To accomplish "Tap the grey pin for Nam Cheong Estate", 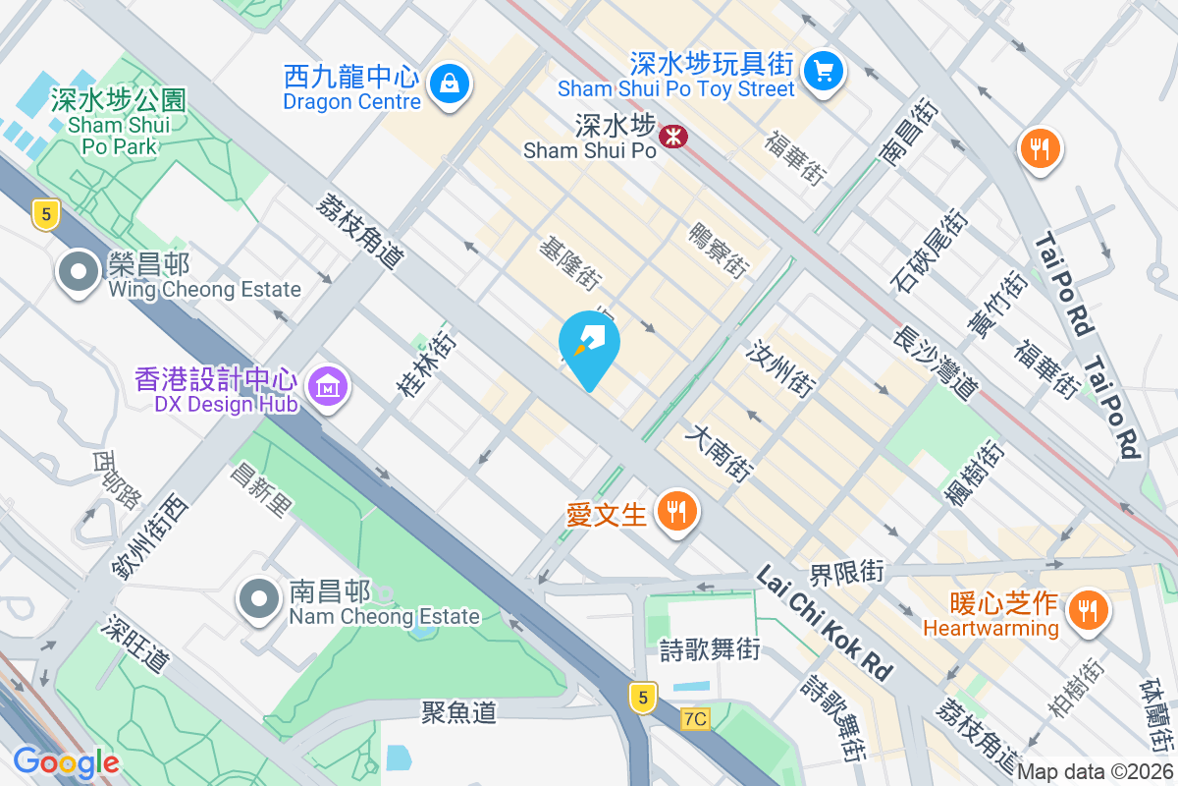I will click(x=259, y=599).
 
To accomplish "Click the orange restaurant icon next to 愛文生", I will click(x=676, y=511).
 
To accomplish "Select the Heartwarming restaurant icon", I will click(x=1087, y=609).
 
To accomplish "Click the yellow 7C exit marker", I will click(x=694, y=718).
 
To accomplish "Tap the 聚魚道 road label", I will click(x=459, y=711).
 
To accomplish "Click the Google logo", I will click(x=66, y=761).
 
